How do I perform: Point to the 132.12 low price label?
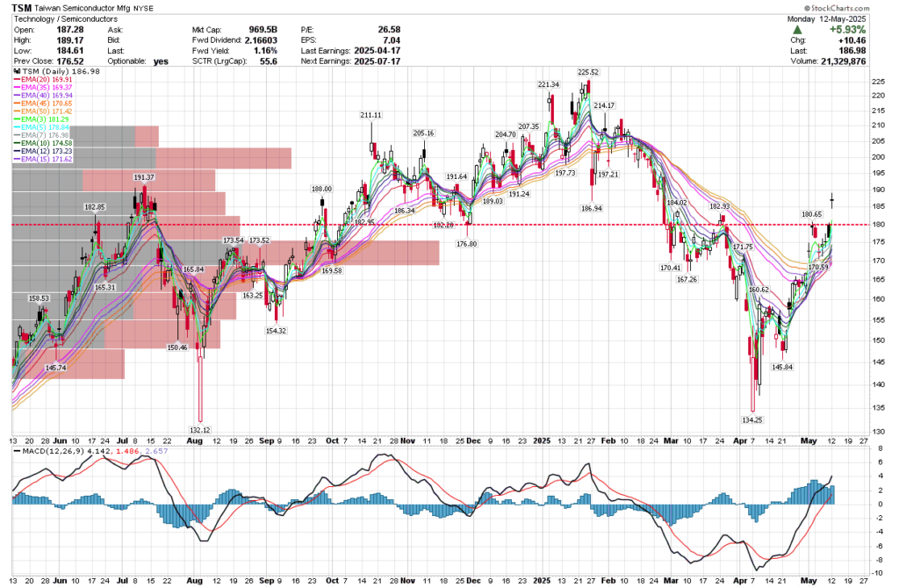click(200, 430)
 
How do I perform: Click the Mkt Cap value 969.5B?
click(261, 29)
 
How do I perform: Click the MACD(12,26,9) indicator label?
click(50, 450)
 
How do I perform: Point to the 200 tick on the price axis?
click(874, 156)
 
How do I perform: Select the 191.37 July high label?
click(144, 178)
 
